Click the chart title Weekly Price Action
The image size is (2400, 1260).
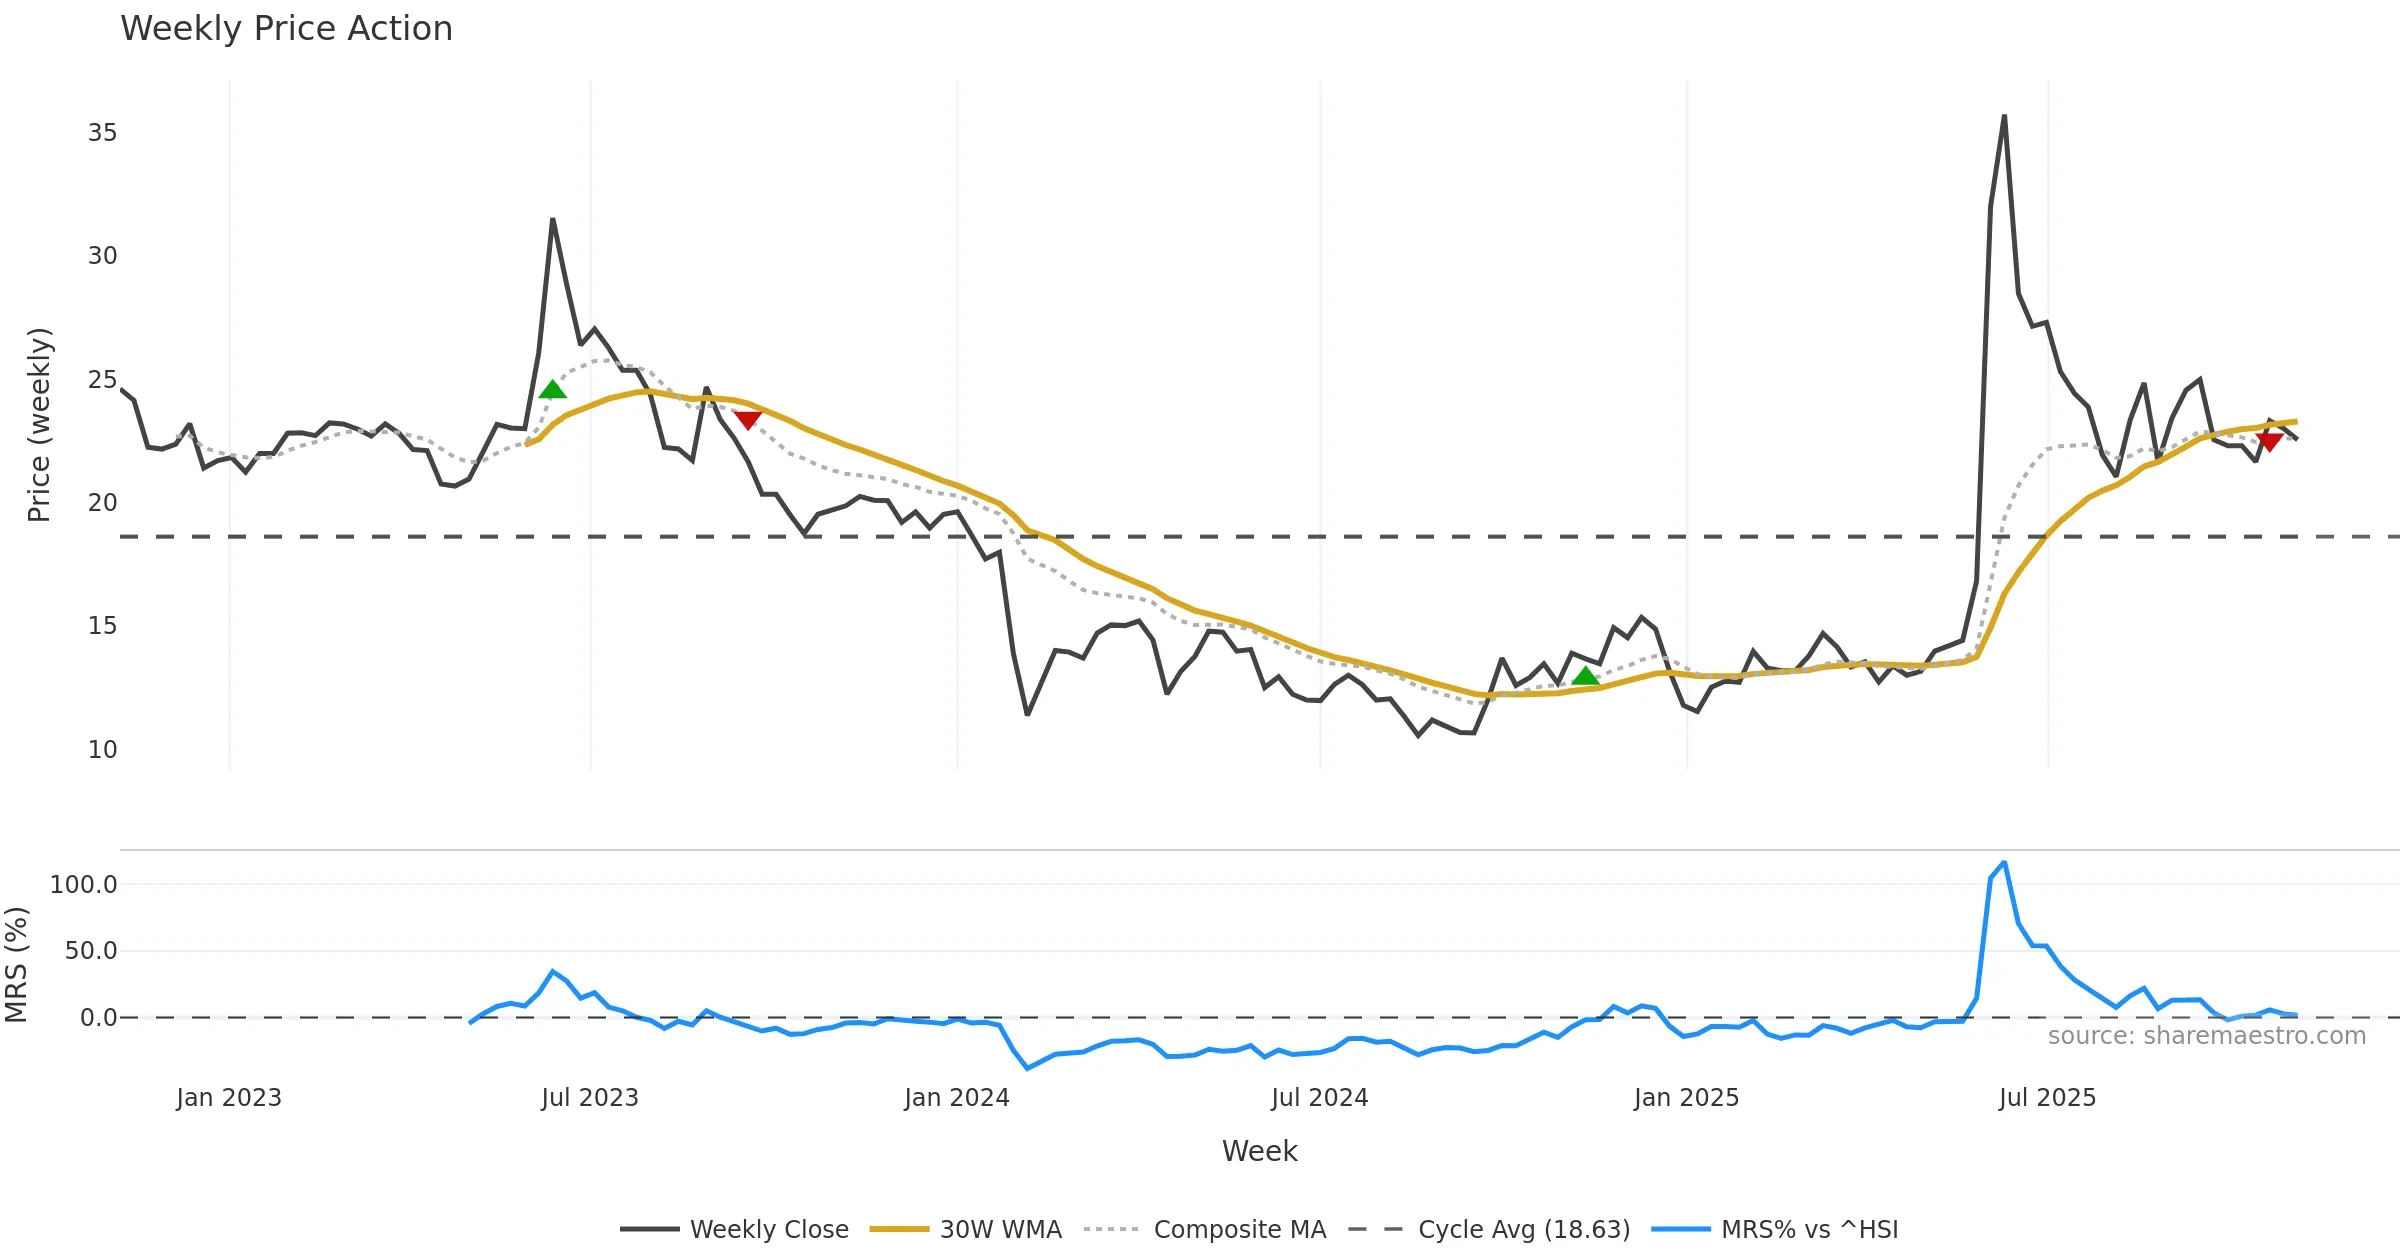pyautogui.click(x=286, y=29)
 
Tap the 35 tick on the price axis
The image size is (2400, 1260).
pyautogui.click(x=102, y=133)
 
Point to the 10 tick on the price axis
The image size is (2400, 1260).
pyautogui.click(x=102, y=750)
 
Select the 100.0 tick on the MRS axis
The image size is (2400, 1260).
pyautogui.click(x=84, y=885)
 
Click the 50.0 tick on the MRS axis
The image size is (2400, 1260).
pyautogui.click(x=91, y=951)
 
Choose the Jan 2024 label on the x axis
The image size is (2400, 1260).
pyautogui.click(x=957, y=1098)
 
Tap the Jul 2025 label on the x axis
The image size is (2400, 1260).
pyautogui.click(x=2047, y=1098)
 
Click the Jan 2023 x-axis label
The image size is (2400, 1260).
pyautogui.click(x=229, y=1098)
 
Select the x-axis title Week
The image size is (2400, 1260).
pyautogui.click(x=1259, y=1152)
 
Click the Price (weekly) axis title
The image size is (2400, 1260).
pyautogui.click(x=39, y=425)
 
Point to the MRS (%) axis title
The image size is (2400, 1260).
pyautogui.click(x=17, y=965)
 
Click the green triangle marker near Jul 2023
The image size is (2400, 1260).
pyautogui.click(x=552, y=390)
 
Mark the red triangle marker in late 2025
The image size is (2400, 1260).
pyautogui.click(x=2270, y=442)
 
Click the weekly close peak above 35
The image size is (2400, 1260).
pyautogui.click(x=2004, y=117)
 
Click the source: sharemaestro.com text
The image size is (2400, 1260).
pyautogui.click(x=2206, y=1036)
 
